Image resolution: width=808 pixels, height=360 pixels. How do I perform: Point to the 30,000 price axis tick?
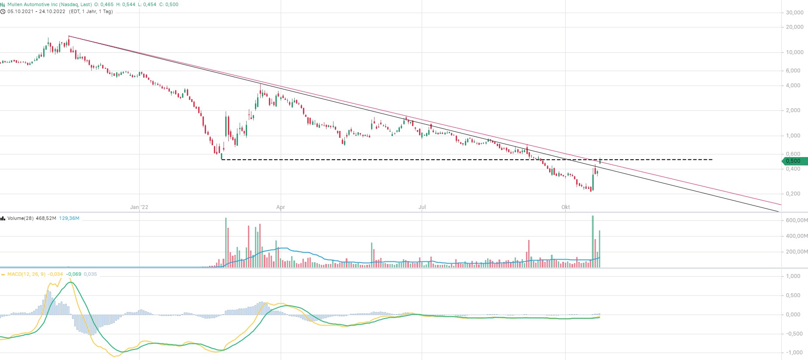pyautogui.click(x=794, y=13)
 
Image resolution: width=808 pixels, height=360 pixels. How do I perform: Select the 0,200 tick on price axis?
pyautogui.click(x=793, y=194)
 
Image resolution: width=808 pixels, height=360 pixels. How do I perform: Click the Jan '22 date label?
pyautogui.click(x=139, y=207)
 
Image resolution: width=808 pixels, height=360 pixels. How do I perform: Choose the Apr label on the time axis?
pyautogui.click(x=281, y=207)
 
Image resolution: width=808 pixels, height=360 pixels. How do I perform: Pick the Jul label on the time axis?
pyautogui.click(x=422, y=207)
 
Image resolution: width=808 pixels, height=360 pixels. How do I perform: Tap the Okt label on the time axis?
pyautogui.click(x=566, y=207)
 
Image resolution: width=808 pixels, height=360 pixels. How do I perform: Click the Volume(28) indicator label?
pyautogui.click(x=21, y=218)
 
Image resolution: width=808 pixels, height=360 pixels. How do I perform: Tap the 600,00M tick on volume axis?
pyautogui.click(x=796, y=220)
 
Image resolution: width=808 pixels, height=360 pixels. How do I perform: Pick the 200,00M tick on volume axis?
pyautogui.click(x=796, y=252)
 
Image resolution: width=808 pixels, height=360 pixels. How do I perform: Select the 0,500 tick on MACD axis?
pyautogui.click(x=793, y=295)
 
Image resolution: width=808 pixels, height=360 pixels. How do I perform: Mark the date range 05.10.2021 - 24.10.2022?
pyautogui.click(x=36, y=11)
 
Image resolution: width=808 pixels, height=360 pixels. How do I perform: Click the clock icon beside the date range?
pyautogui.click(x=3, y=11)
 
